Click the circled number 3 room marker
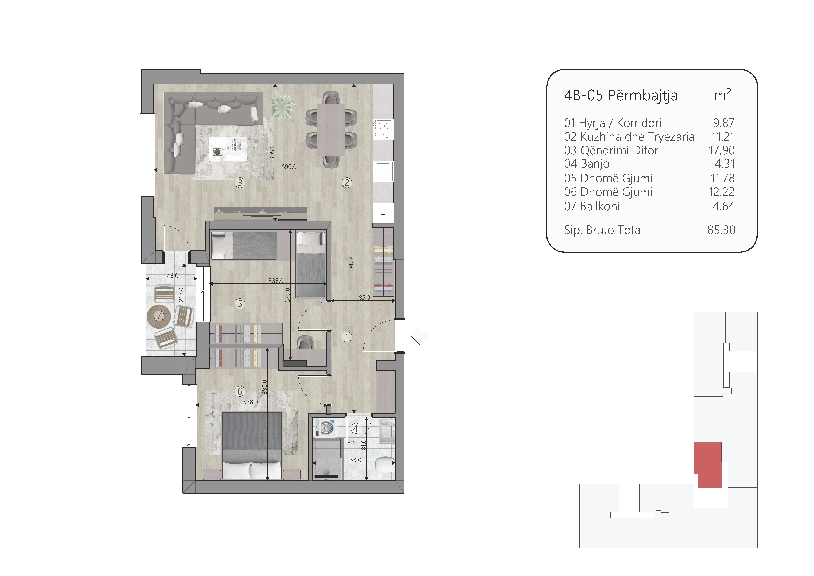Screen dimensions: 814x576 click(240, 183)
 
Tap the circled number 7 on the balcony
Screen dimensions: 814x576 click(158, 316)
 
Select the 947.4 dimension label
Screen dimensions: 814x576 click(351, 263)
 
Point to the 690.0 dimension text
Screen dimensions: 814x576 click(289, 166)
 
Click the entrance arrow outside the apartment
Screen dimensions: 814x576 click(420, 335)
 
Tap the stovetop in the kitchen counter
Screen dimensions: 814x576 click(383, 130)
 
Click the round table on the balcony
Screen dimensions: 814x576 click(158, 316)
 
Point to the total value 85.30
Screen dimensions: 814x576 click(721, 230)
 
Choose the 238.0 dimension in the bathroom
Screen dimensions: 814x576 click(354, 460)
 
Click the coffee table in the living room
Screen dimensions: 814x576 click(228, 149)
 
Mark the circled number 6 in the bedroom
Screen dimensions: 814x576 click(240, 391)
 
